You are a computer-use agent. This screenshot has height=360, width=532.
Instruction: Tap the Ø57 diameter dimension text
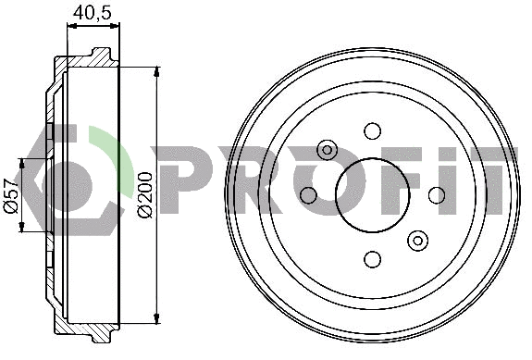pyautogui.click(x=11, y=195)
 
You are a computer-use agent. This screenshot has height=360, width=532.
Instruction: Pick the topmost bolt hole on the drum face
pyautogui.click(x=373, y=130)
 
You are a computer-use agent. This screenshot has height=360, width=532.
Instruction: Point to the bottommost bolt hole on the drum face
pyautogui.click(x=373, y=259)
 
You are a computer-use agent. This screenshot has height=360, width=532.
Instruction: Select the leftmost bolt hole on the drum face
pyautogui.click(x=309, y=194)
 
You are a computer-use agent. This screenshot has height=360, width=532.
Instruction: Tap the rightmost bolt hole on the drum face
pyautogui.click(x=437, y=194)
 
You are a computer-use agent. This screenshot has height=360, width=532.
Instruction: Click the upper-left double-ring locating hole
pyautogui.click(x=327, y=149)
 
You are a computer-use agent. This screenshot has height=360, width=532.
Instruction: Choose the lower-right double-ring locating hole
pyautogui.click(x=418, y=241)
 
